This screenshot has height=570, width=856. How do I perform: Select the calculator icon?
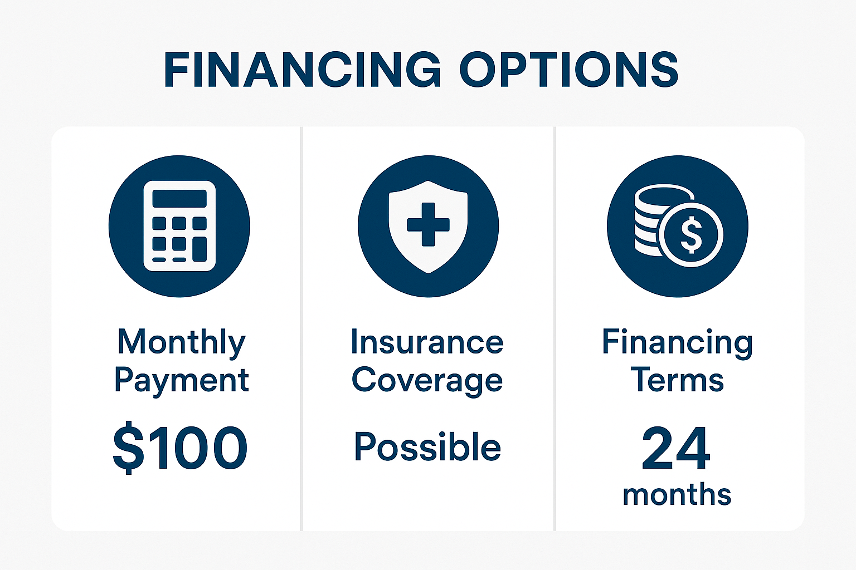pyautogui.click(x=179, y=226)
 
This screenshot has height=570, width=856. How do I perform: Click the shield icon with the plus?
pyautogui.click(x=428, y=226)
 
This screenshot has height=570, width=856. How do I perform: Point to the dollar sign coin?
pyautogui.click(x=692, y=234)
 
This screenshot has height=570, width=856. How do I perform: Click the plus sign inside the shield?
pyautogui.click(x=428, y=224)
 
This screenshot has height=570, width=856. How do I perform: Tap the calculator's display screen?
pyautogui.click(x=179, y=198)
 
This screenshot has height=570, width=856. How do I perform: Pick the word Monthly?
pyautogui.click(x=181, y=342)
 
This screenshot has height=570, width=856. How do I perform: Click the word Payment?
pyautogui.click(x=181, y=381)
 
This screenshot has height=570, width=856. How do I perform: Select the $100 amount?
pyautogui.click(x=180, y=448)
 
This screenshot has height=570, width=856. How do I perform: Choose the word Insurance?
pyautogui.click(x=427, y=342)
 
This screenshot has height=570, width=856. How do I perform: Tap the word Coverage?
pyautogui.click(x=427, y=381)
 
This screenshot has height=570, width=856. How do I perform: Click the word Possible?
pyautogui.click(x=427, y=447)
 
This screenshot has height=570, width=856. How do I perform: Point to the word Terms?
pyautogui.click(x=677, y=381)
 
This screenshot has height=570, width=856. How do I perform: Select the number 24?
pyautogui.click(x=676, y=448)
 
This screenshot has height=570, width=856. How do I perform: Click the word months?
pyautogui.click(x=677, y=494)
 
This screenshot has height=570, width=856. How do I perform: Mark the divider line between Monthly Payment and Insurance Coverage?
pyautogui.click(x=301, y=328)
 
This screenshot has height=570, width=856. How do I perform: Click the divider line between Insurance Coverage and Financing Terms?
pyautogui.click(x=555, y=328)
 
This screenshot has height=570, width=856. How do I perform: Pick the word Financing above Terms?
pyautogui.click(x=677, y=342)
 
